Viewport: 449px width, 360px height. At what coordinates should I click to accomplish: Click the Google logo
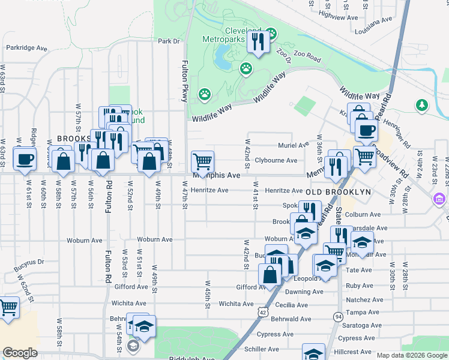tap(20, 353)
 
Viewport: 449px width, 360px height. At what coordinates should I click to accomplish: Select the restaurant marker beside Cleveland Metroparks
tap(259, 42)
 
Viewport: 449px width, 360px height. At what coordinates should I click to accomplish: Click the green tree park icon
tap(423, 106)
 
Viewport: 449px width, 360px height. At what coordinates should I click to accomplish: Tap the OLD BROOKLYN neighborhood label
tap(339, 191)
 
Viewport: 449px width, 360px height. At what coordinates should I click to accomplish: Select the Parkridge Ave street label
tap(26, 47)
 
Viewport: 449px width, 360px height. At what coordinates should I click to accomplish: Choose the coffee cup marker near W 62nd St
tap(25, 160)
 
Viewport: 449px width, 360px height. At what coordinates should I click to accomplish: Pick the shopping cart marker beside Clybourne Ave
tap(202, 161)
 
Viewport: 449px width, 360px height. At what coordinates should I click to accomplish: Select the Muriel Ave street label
tap(293, 146)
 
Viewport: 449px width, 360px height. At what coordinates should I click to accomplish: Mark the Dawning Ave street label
tap(306, 292)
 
